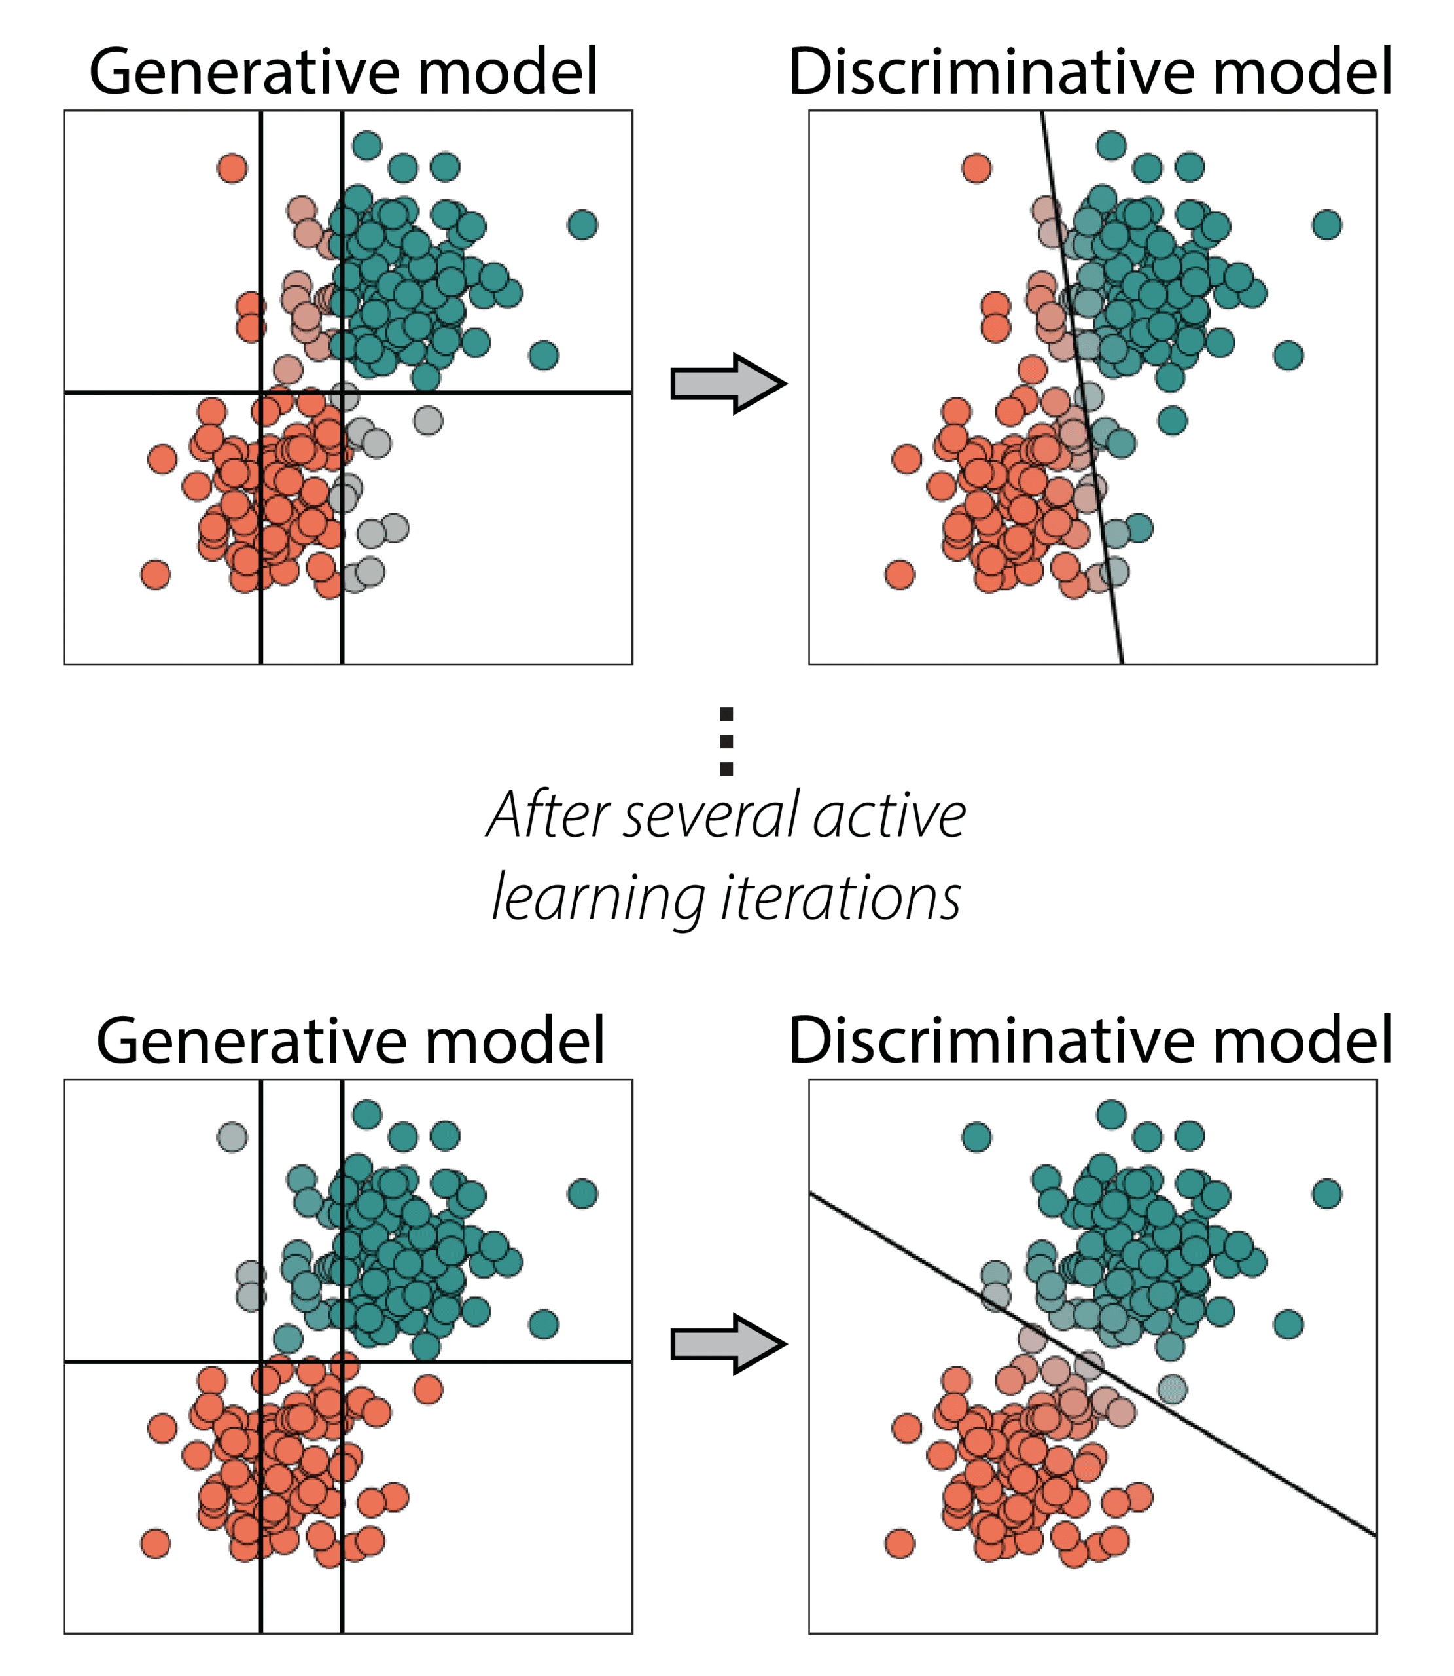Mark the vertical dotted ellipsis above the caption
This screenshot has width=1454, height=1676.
pyautogui.click(x=726, y=741)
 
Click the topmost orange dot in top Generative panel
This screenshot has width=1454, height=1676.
pyautogui.click(x=232, y=169)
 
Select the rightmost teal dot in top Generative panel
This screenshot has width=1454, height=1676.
pyautogui.click(x=582, y=225)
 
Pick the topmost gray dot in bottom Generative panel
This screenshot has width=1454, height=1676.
pyautogui.click(x=232, y=1137)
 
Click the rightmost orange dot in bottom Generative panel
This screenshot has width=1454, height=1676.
pyautogui.click(x=429, y=1389)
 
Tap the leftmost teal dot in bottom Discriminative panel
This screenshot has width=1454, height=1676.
pyautogui.click(x=976, y=1137)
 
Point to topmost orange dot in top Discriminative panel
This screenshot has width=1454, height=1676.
pyautogui.click(x=976, y=169)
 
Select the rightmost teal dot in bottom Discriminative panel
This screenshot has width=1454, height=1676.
pyautogui.click(x=1326, y=1194)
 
